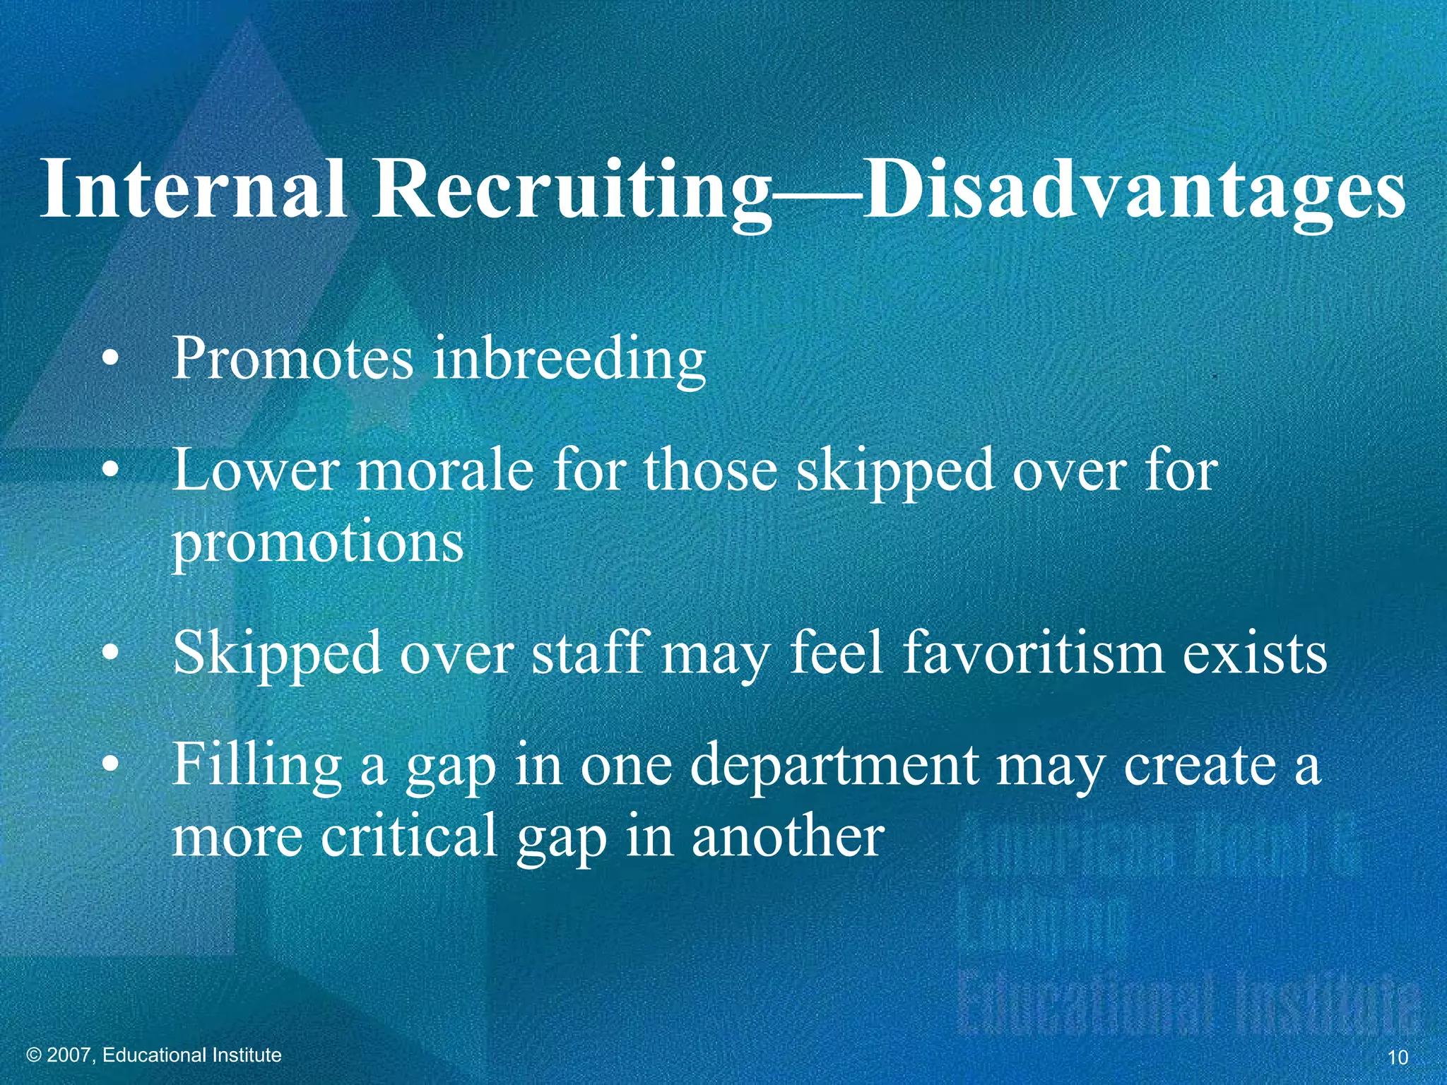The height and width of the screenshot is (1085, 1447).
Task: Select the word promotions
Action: tap(318, 544)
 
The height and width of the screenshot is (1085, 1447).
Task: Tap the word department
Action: tap(834, 766)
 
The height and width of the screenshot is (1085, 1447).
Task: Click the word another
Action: tap(787, 837)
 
